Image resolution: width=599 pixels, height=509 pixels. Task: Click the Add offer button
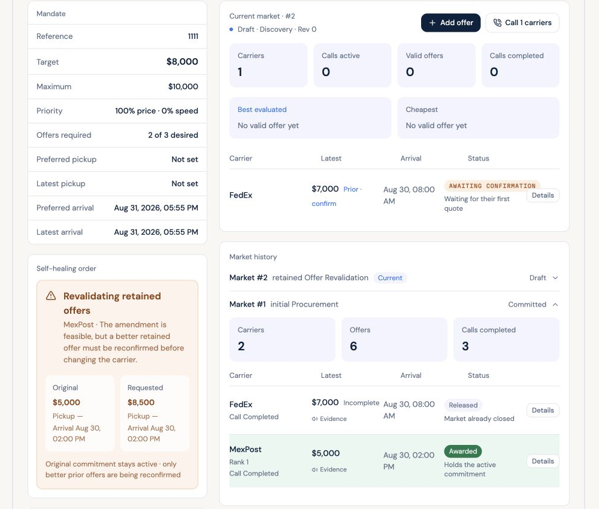[450, 23]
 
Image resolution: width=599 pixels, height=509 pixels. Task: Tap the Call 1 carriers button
[522, 23]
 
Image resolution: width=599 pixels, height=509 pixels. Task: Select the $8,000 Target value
[182, 62]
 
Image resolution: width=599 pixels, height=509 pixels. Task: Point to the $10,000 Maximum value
[183, 86]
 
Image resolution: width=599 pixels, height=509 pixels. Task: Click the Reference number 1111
[193, 37]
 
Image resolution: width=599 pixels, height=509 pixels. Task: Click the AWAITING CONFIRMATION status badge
[492, 186]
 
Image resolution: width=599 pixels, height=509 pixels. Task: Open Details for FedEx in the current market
[543, 195]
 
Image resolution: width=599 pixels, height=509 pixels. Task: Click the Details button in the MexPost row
[543, 461]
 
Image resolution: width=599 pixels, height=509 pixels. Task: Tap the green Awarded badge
[462, 451]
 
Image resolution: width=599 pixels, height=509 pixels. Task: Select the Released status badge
[463, 405]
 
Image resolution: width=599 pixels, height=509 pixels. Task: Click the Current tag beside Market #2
[390, 278]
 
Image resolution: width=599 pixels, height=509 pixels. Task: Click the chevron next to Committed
[555, 304]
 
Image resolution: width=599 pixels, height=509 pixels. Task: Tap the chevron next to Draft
[555, 278]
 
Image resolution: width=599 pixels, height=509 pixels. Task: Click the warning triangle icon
[51, 296]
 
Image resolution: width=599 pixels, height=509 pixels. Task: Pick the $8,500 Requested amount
[141, 402]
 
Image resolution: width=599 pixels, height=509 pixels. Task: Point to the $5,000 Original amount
[66, 402]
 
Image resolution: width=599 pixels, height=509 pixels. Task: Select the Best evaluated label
[262, 110]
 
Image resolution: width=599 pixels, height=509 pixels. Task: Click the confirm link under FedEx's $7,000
[324, 204]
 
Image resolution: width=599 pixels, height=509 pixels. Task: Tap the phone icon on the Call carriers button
[497, 23]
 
